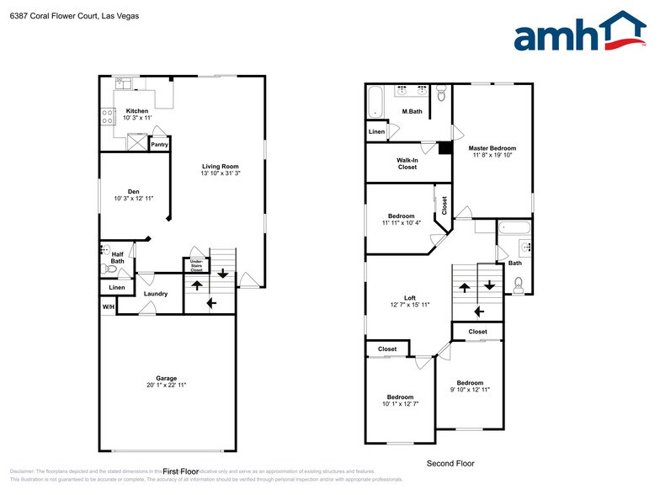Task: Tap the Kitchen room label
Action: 137,111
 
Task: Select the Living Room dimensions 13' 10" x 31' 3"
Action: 221,173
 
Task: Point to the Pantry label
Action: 159,145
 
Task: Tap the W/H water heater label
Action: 109,306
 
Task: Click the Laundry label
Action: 156,294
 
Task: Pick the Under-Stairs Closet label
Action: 196,265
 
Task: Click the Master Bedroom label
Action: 492,148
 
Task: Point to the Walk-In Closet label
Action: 407,163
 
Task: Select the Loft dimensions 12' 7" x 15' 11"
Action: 410,305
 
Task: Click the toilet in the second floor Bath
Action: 519,285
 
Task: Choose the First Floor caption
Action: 180,471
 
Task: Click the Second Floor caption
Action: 450,463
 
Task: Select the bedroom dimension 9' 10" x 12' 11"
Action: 470,390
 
